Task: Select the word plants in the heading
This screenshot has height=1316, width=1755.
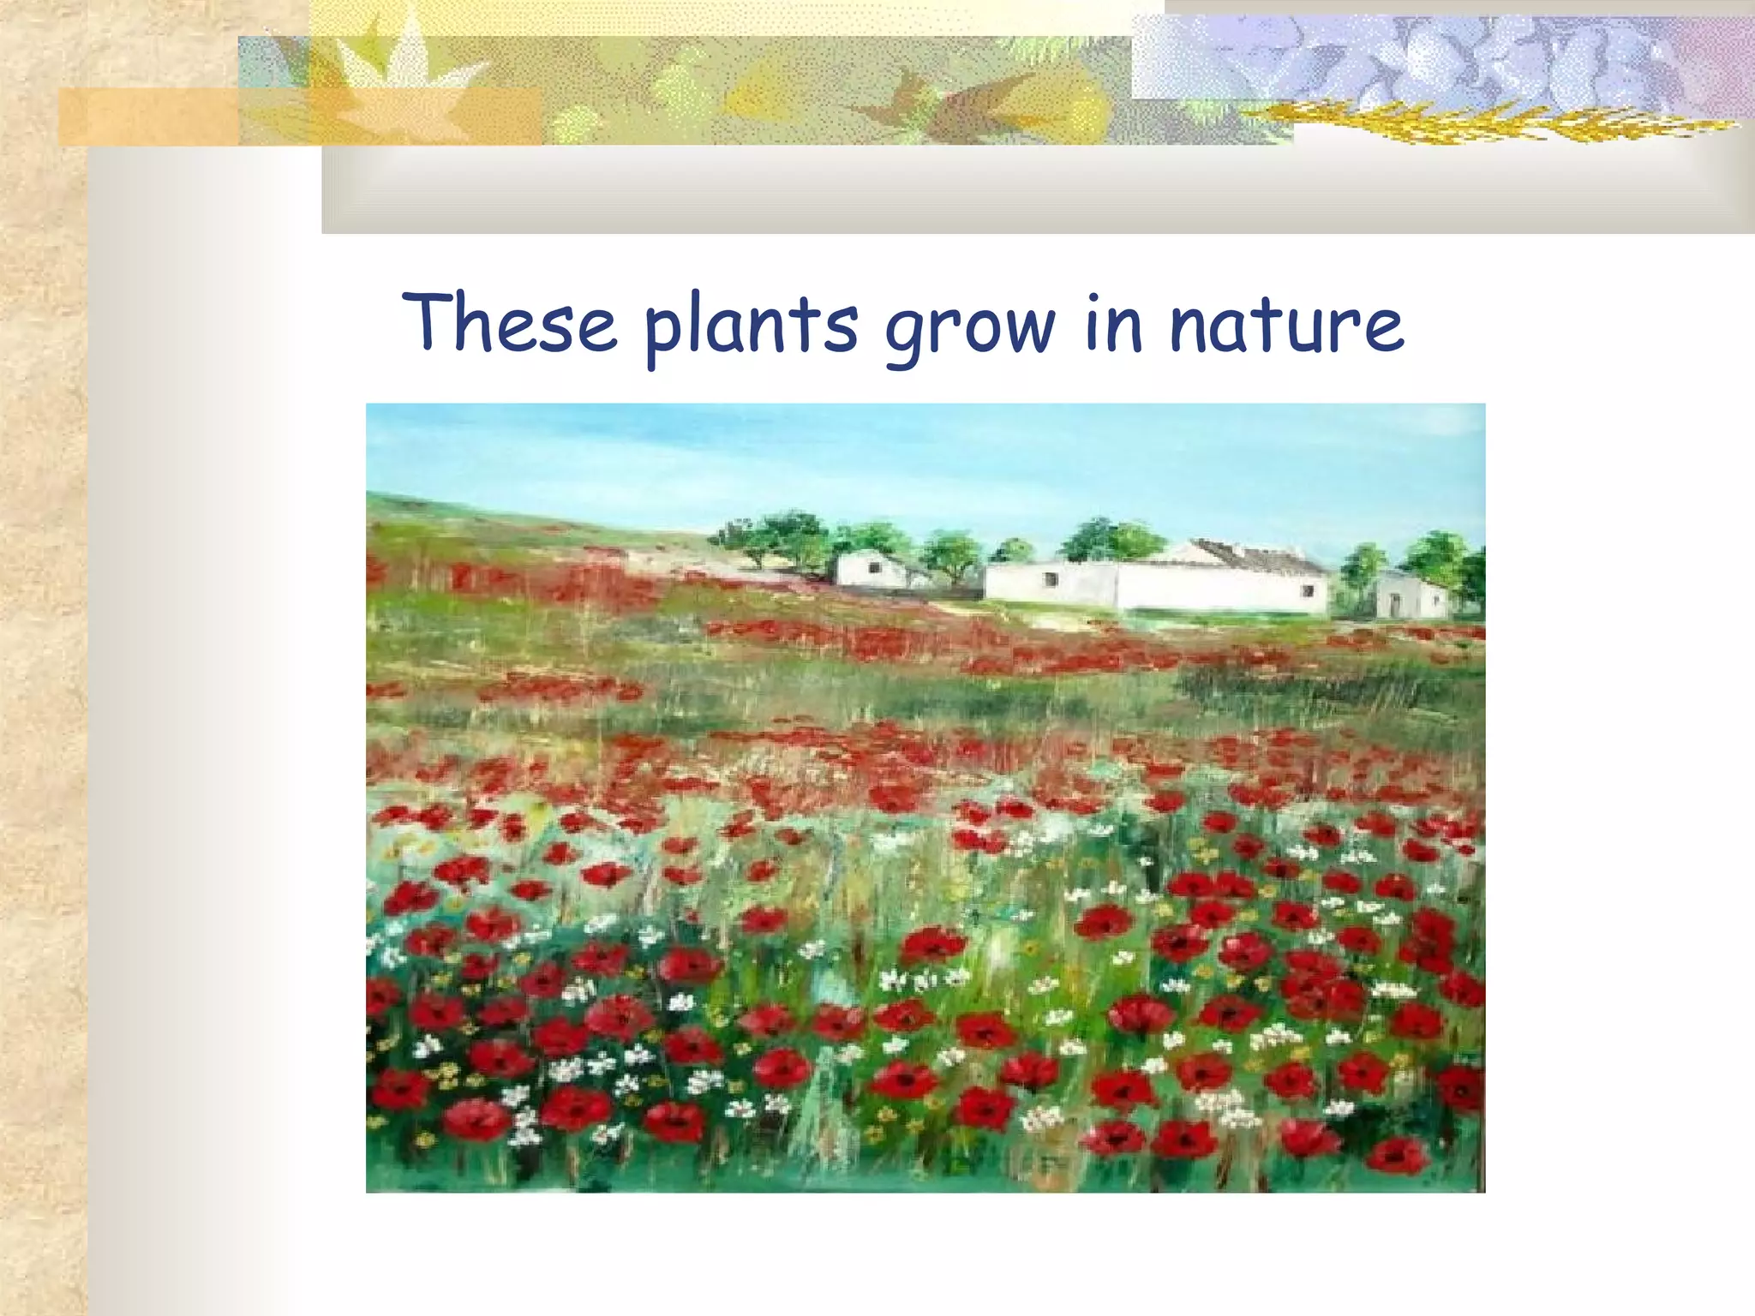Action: coord(751,326)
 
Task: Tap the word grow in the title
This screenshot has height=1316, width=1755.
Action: coord(969,327)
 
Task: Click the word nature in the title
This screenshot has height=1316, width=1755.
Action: coord(1286,326)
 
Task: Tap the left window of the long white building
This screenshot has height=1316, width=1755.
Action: coord(1050,580)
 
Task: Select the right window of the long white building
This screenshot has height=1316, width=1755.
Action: coord(1308,590)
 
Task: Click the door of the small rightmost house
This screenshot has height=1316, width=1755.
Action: coord(1395,604)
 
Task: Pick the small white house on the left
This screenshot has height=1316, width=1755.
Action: coord(867,570)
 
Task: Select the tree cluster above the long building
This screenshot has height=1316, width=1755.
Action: coord(1110,540)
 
